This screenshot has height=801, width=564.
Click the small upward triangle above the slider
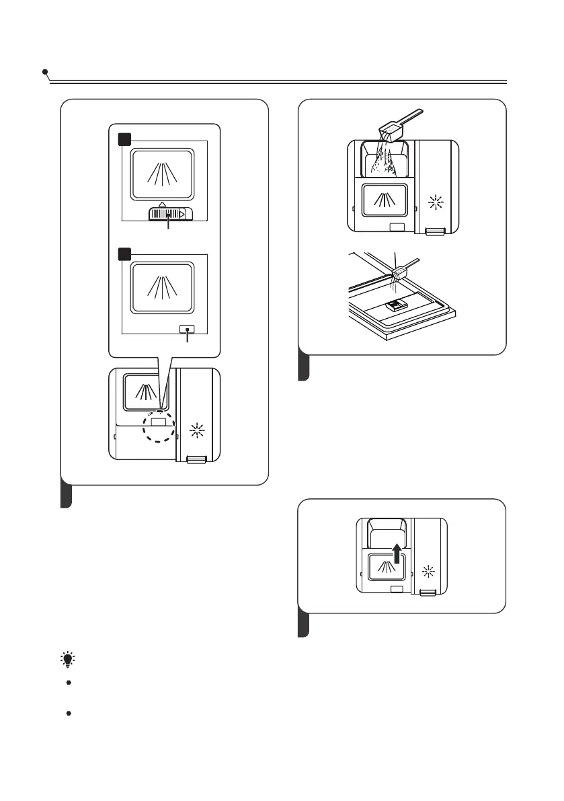tap(162, 202)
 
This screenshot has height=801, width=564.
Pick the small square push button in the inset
tap(188, 330)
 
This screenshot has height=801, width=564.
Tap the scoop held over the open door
tap(401, 270)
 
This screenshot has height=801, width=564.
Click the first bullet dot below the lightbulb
tap(69, 683)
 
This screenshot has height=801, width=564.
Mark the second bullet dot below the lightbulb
tap(69, 711)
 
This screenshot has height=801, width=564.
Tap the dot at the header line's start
tap(44, 71)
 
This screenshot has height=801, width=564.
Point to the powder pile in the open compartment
tap(388, 161)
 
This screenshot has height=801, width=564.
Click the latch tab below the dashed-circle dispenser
tap(196, 459)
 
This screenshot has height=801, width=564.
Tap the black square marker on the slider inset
tap(124, 139)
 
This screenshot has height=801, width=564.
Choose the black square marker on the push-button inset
tap(124, 254)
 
